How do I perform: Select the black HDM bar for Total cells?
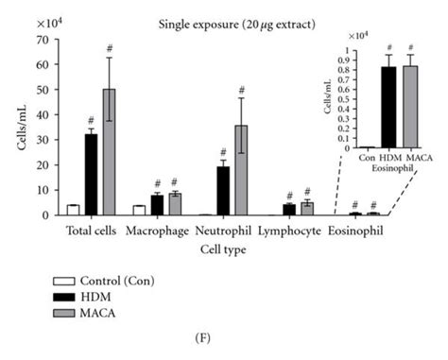92,175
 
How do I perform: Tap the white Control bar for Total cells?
73,209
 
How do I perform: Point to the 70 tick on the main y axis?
55,41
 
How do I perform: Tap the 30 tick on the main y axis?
55,140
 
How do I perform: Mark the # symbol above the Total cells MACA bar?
110,47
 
